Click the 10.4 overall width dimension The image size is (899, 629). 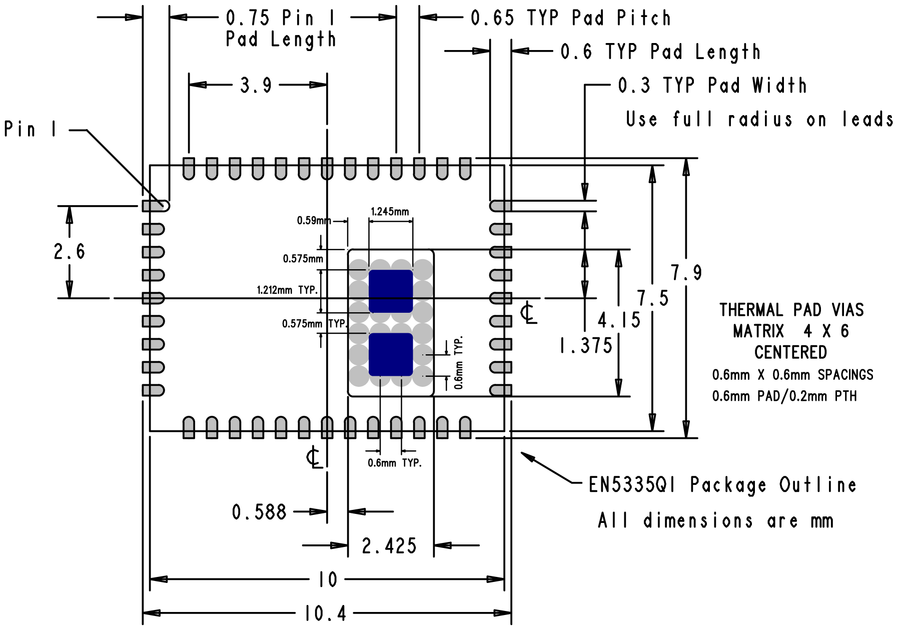click(325, 613)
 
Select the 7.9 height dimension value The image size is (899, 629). click(686, 273)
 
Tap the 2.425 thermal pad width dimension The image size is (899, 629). click(389, 546)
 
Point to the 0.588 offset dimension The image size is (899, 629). click(259, 512)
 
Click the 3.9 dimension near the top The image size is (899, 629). click(256, 85)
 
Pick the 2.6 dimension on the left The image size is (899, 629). click(70, 251)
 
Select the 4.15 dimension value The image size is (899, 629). click(619, 320)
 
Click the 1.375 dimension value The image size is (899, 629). click(585, 346)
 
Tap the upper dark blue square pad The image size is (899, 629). click(391, 291)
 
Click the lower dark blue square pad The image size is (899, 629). click(391, 354)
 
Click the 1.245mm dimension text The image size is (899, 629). click(390, 212)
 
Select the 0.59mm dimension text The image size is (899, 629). click(314, 221)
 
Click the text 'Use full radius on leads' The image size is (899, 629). click(759, 120)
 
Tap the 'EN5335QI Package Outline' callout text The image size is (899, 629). click(722, 485)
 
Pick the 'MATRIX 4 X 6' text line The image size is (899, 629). click(790, 331)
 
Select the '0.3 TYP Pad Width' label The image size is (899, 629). click(712, 86)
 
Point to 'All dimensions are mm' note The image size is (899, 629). click(715, 521)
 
